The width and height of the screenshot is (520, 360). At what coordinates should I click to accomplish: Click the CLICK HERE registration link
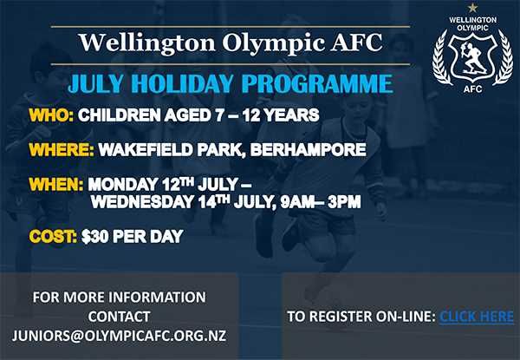coord(477,317)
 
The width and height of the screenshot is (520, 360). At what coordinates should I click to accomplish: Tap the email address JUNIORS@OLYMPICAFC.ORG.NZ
coord(119,336)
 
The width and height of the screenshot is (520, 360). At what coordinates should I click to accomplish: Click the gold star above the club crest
coord(472,8)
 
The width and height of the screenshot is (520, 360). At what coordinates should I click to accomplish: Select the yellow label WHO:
coord(51,115)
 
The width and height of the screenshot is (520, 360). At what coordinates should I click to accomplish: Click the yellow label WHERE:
coord(62,149)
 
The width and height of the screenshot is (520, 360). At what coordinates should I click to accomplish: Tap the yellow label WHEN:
coord(56,184)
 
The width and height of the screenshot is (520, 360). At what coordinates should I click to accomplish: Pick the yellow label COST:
coord(53,236)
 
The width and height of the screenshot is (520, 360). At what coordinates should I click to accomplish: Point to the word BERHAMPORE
coord(308,149)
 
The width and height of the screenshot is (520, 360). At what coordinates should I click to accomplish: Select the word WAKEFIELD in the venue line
coord(146,149)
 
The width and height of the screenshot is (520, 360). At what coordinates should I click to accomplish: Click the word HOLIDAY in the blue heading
coord(184,83)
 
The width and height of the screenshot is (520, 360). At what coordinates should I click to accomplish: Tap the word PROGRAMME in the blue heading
coord(317,83)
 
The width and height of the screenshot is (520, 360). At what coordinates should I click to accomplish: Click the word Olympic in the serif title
coord(274,43)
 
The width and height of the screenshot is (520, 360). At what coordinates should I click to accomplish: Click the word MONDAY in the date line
coord(123,184)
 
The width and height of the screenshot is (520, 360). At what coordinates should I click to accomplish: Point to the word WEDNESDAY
coord(142,202)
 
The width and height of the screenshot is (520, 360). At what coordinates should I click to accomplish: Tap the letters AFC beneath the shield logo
coord(473,89)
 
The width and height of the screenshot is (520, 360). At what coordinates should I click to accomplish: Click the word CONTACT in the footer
coord(119,317)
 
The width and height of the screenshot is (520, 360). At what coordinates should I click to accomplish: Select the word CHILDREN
coord(120,115)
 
